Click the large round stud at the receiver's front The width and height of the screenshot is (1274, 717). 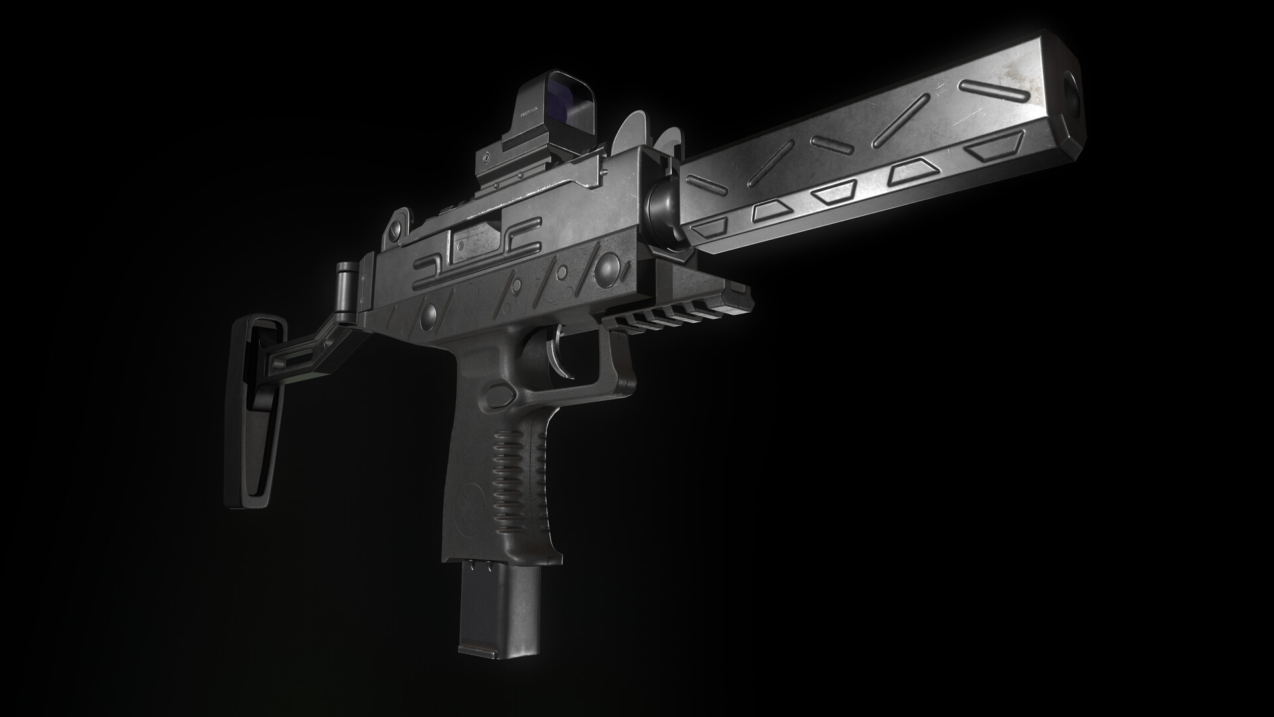coord(607,268)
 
